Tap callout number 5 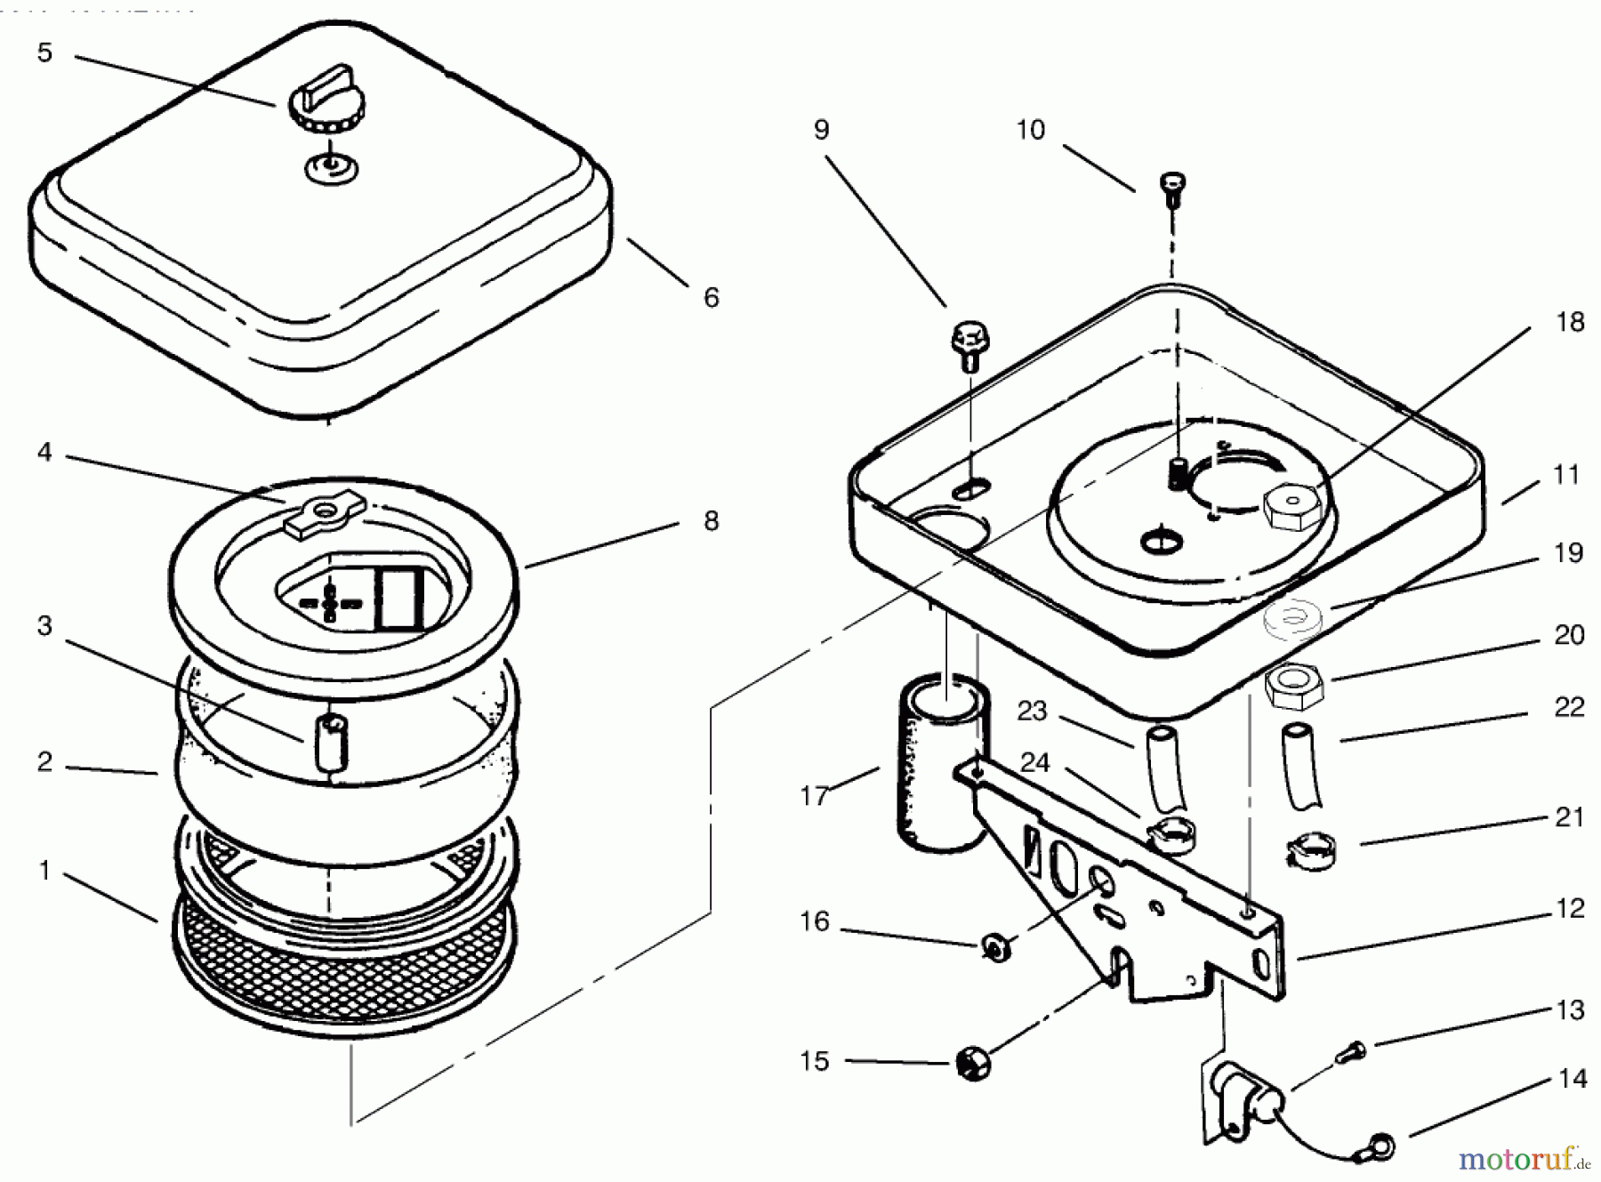[44, 52]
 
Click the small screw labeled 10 [1172, 189]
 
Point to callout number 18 [1570, 322]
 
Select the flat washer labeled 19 [1292, 620]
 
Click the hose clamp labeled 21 [1311, 851]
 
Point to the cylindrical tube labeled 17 [940, 764]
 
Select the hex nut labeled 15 [974, 1064]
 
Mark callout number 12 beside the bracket [1570, 909]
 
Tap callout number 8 [711, 520]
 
